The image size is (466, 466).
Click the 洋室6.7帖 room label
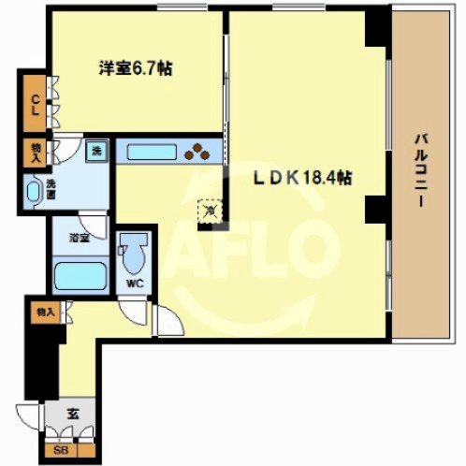pyautogui.click(x=136, y=68)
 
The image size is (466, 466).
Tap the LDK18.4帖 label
pyautogui.click(x=303, y=179)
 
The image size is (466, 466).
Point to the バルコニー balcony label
pyautogui.click(x=421, y=170)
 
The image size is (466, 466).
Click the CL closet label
pyautogui.click(x=36, y=106)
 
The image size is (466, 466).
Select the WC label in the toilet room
pyautogui.click(x=135, y=284)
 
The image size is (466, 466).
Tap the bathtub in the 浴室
pyautogui.click(x=80, y=276)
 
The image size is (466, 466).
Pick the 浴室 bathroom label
pyautogui.click(x=80, y=239)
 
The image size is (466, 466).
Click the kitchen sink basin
pyautogui.click(x=152, y=153)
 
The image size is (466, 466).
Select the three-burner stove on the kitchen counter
pyautogui.click(x=197, y=151)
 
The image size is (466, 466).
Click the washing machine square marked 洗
pyautogui.click(x=96, y=152)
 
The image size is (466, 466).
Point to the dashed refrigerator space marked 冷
pyautogui.click(x=211, y=211)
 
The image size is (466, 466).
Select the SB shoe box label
pyautogui.click(x=61, y=450)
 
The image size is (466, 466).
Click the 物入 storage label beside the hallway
pyautogui.click(x=46, y=312)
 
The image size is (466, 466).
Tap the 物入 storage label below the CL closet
pyautogui.click(x=36, y=153)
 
